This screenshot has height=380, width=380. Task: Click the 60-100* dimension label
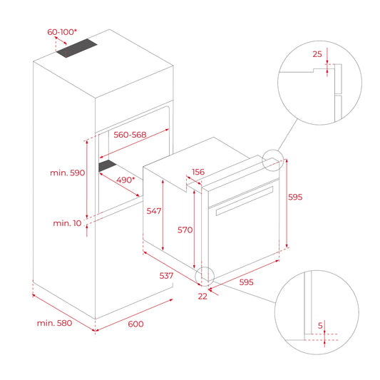pos(63,32)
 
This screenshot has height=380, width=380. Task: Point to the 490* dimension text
pos(125,180)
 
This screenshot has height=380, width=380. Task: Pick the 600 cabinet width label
pos(135,324)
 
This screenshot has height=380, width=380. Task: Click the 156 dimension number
pos(199,172)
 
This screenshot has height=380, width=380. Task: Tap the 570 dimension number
pos(185,230)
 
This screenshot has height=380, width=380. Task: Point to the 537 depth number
pos(167,274)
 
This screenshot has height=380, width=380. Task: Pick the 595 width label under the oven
pos(246,282)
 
